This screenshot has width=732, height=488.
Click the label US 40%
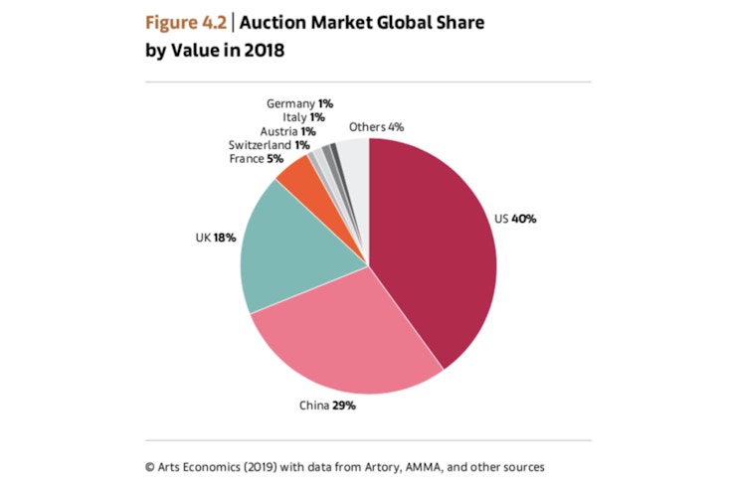tap(514, 219)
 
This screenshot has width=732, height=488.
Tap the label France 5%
tap(256, 157)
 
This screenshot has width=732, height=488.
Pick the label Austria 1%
tap(287, 130)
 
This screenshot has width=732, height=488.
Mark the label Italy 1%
tap(303, 117)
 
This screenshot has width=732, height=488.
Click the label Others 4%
tap(376, 126)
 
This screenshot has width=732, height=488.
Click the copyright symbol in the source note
tap(149, 466)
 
